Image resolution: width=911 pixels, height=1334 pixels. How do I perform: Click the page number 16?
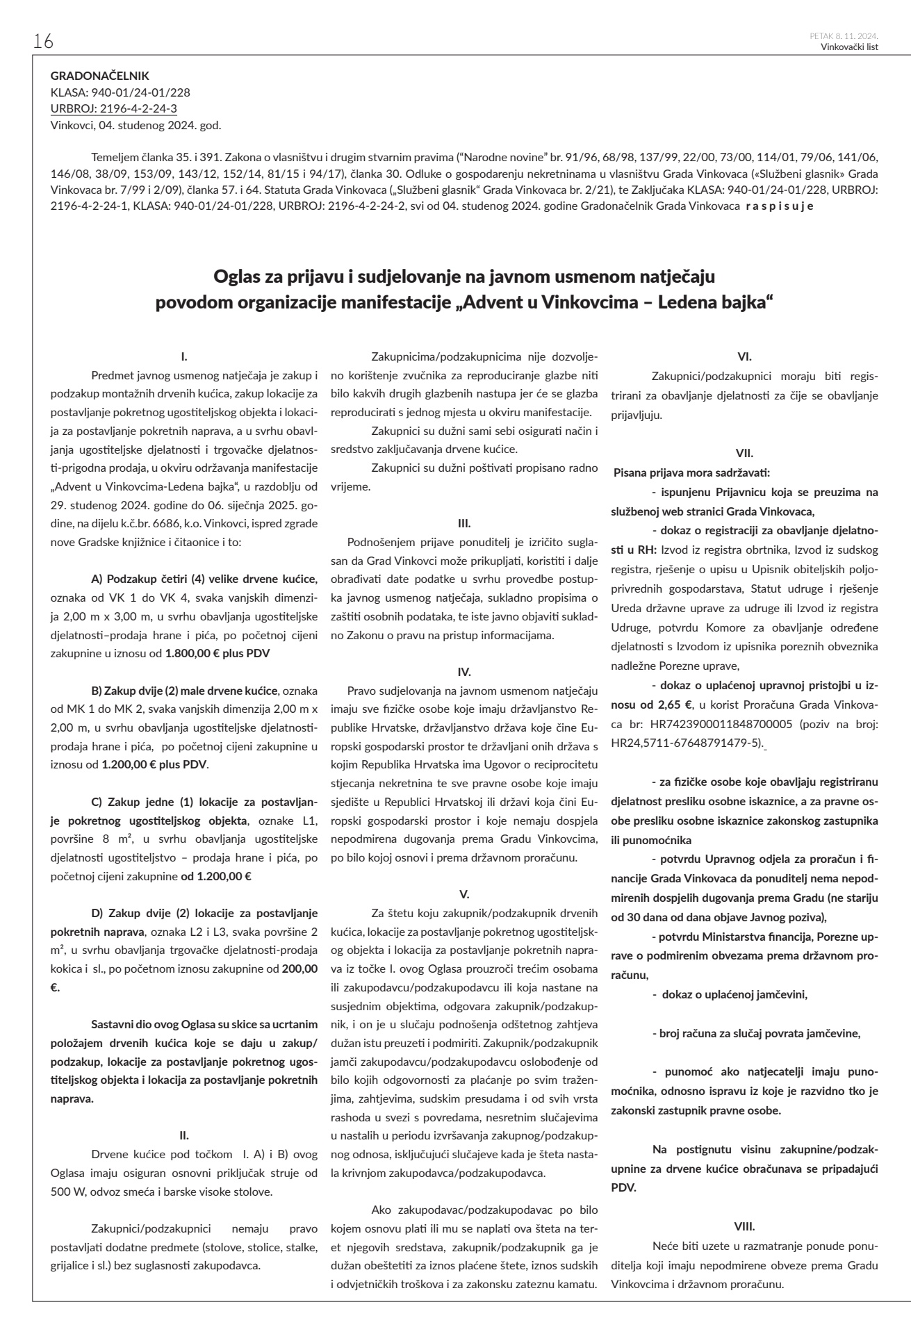point(43,42)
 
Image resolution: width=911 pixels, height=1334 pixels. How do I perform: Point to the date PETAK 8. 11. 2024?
point(844,36)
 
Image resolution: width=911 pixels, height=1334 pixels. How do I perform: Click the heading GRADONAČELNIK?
point(100,76)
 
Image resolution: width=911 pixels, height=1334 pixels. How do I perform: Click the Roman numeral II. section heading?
point(184,1136)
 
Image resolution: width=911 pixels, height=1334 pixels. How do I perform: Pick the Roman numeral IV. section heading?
point(464,672)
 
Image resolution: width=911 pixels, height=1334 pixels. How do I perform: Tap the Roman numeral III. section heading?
point(464,522)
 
